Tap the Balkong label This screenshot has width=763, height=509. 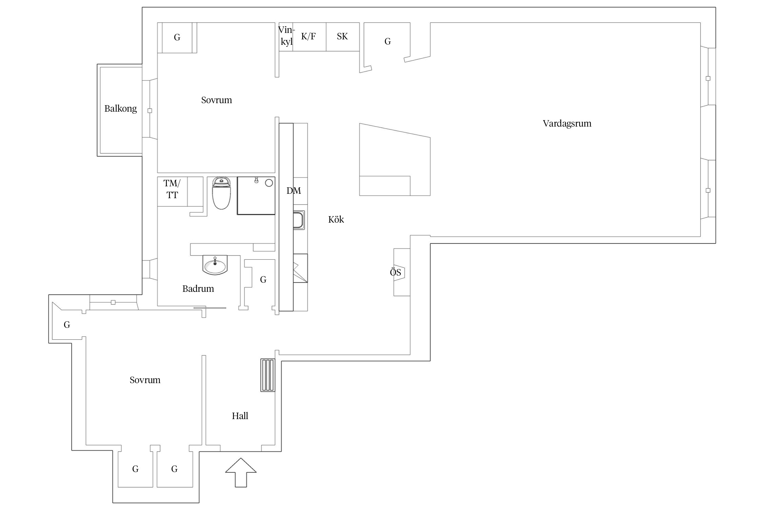click(121, 109)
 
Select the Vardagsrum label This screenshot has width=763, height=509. click(567, 124)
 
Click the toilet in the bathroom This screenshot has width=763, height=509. click(221, 192)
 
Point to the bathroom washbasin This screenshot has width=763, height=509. click(215, 265)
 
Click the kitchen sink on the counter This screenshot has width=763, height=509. click(299, 220)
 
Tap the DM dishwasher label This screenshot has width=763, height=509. click(294, 191)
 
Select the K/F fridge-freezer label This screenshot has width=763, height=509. click(309, 37)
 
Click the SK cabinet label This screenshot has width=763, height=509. click(342, 37)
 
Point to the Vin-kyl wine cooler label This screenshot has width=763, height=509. click(287, 36)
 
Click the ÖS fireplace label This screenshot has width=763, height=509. click(395, 272)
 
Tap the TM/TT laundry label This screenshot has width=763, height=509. click(172, 189)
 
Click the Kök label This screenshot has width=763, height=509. click(336, 220)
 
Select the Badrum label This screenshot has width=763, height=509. click(198, 289)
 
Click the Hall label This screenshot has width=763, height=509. click(240, 416)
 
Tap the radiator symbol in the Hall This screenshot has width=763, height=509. click(268, 375)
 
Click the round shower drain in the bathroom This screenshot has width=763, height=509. click(269, 183)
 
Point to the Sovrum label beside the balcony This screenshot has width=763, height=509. click(217, 100)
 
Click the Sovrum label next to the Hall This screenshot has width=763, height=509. click(145, 380)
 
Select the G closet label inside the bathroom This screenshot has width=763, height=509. click(263, 280)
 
